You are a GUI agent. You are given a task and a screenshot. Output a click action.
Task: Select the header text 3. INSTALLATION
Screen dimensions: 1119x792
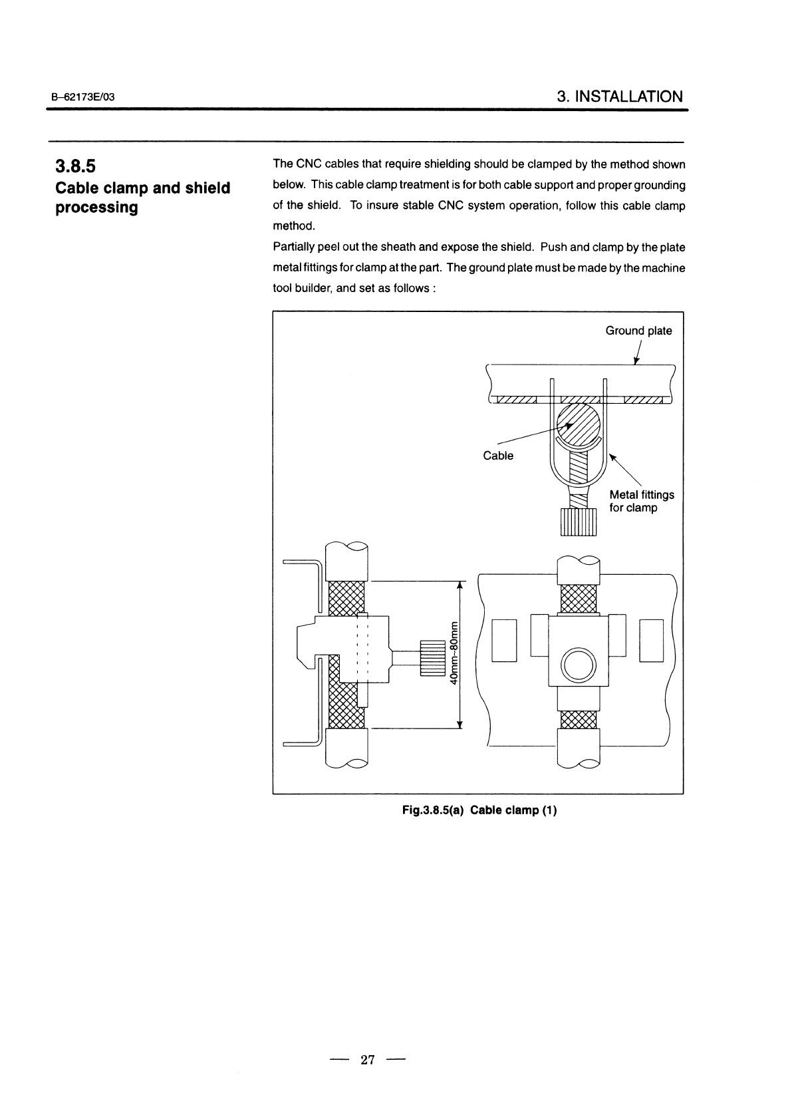click(620, 96)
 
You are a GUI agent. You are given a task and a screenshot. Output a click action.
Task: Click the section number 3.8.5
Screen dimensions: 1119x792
click(75, 166)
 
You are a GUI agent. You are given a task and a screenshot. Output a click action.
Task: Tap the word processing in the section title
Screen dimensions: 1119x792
click(97, 208)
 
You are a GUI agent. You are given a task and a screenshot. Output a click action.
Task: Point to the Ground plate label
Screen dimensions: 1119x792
click(638, 331)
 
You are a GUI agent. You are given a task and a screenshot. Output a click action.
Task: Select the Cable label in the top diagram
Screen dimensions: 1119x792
click(498, 456)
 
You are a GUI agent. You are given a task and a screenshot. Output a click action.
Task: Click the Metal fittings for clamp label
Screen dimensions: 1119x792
click(641, 502)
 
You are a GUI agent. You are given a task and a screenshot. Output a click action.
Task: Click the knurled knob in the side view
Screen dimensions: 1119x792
click(432, 658)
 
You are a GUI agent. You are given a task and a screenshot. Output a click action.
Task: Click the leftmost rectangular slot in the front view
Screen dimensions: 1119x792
click(504, 641)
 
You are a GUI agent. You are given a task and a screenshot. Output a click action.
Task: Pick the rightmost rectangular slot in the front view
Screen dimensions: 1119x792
click(652, 641)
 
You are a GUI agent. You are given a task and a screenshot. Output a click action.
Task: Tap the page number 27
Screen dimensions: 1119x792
click(368, 1059)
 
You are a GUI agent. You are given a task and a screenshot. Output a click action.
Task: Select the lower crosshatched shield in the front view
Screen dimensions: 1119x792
click(579, 719)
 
